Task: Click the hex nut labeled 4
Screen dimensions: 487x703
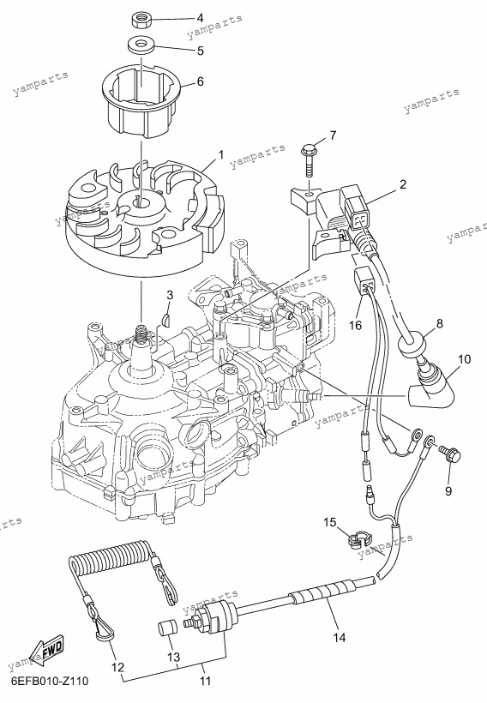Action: point(142,20)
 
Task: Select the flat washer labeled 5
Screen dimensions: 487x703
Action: point(142,45)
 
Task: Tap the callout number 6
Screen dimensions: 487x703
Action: point(201,81)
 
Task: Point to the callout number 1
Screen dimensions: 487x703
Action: point(221,154)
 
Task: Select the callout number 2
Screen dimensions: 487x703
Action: point(403,184)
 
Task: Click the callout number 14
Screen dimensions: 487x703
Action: point(340,637)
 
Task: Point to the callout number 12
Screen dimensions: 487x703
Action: point(117,668)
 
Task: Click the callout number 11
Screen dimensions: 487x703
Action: point(205,682)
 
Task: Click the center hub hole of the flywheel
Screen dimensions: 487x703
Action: point(142,202)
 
